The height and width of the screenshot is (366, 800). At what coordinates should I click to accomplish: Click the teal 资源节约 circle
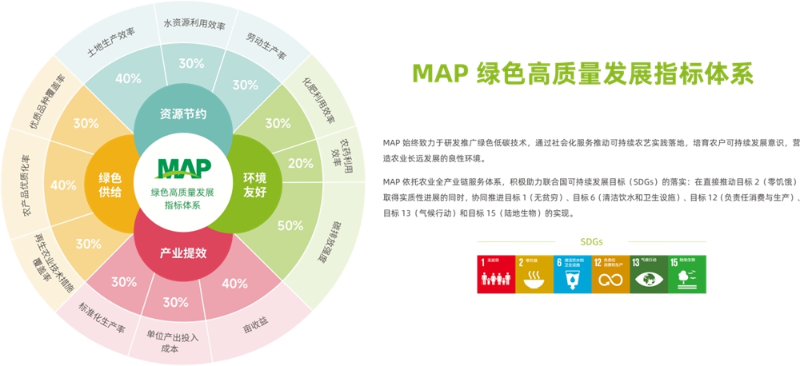pyautogui.click(x=183, y=113)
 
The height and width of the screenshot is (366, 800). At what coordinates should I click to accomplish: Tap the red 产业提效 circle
pyautogui.click(x=183, y=253)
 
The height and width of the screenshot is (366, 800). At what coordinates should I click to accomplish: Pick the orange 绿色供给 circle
pyautogui.click(x=110, y=183)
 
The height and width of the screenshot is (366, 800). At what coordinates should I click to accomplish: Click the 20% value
pyautogui.click(x=300, y=163)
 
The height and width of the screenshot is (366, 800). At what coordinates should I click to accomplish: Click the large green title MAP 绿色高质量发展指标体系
pyautogui.click(x=582, y=74)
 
